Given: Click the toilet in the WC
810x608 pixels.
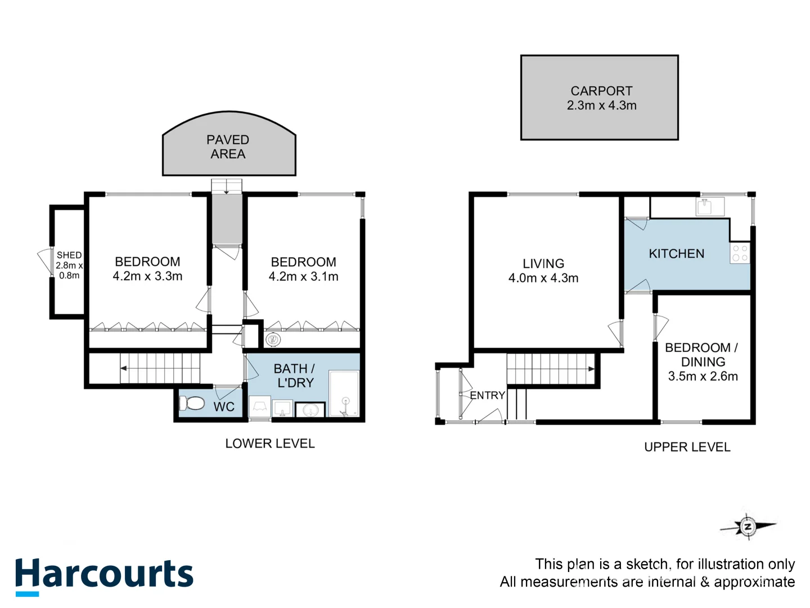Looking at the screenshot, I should point(192,403).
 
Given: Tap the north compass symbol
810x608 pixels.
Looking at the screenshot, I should point(748,527).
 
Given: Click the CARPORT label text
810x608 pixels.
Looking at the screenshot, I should point(601,91).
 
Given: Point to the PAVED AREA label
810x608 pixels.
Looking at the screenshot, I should point(228,147).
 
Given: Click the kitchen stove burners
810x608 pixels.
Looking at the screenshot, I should point(740,253).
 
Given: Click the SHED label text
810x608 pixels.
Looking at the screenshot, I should point(69,255).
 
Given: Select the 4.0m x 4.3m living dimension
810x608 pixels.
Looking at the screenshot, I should point(543,278).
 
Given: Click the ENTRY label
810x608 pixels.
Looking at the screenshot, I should point(487,395).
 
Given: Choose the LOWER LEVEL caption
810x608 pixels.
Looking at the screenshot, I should point(270,444).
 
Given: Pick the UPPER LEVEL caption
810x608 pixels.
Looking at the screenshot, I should point(687,447).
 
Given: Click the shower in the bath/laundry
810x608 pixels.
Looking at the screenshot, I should point(344,394).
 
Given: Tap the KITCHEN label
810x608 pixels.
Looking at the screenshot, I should point(676,254).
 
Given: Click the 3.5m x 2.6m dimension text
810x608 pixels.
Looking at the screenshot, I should point(703,377).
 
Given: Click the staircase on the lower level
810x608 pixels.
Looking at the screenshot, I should point(161,368).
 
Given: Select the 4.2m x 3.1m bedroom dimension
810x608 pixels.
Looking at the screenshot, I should point(303,276).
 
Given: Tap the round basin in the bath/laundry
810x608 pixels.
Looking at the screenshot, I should point(310,410).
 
